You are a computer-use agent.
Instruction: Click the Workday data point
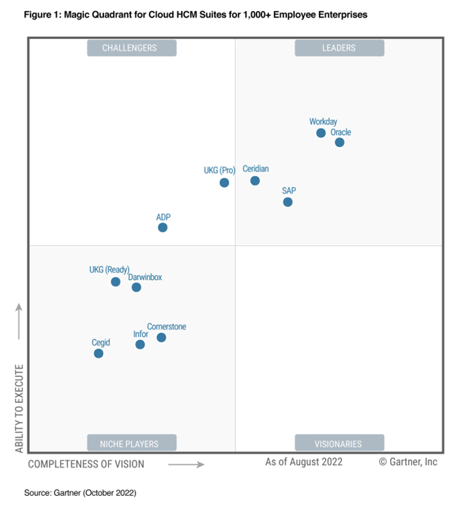pos(321,133)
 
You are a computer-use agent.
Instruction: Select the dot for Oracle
pos(340,142)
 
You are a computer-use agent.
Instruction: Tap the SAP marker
pos(288,202)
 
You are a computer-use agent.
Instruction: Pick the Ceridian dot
pos(255,180)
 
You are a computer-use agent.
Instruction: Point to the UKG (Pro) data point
pos(224,182)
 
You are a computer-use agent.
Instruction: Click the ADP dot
pos(162,227)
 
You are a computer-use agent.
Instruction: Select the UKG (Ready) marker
pos(115,281)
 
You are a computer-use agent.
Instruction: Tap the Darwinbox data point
pos(136,287)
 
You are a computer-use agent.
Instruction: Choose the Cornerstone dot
pos(161,337)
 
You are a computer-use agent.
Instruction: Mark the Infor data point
pos(140,345)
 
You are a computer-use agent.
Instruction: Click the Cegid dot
pos(98,353)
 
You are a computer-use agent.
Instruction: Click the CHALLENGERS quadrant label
pos(132,48)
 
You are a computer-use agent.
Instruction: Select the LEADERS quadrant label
pos(339,48)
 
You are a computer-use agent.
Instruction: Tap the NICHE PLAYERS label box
pos(132,443)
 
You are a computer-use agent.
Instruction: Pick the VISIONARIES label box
pos(339,443)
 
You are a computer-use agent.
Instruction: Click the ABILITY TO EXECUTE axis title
pos(19,408)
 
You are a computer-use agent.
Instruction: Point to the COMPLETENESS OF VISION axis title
pos(86,464)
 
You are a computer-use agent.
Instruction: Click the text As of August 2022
pos(304,462)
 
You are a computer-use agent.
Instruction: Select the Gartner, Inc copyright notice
pos(408,462)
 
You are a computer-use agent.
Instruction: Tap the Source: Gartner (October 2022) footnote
pos(80,493)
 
